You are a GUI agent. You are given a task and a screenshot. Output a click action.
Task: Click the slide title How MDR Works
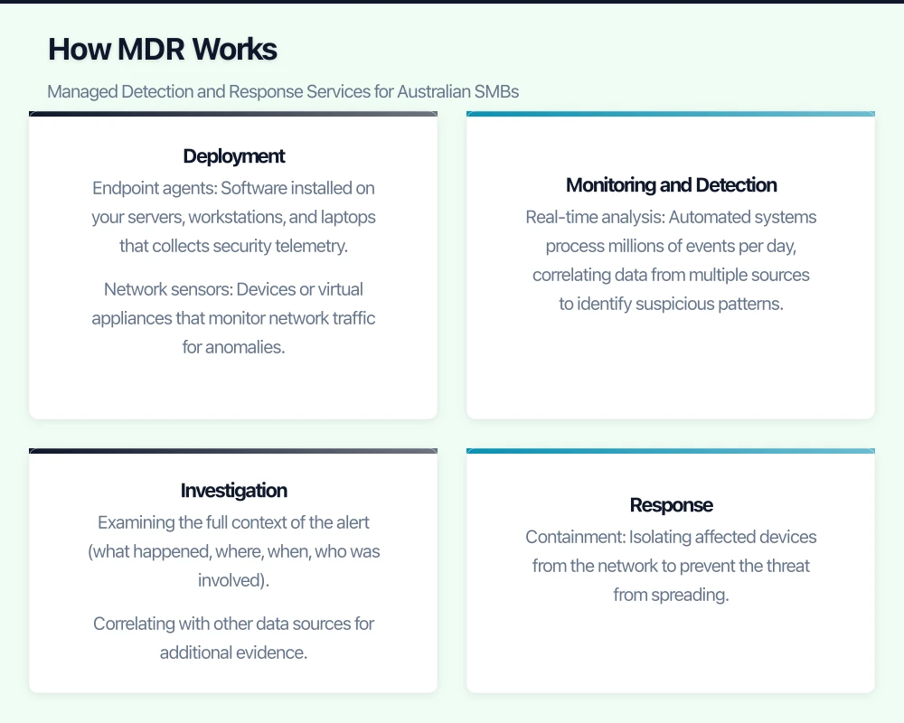click(163, 49)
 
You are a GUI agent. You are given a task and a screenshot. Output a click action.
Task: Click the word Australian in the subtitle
click(433, 91)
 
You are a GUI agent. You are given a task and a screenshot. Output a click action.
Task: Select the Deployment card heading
click(233, 156)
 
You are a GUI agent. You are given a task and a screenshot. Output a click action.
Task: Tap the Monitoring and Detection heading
click(671, 185)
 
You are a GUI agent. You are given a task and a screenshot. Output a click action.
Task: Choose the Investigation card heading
click(233, 491)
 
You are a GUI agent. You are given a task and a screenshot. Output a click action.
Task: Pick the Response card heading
click(671, 505)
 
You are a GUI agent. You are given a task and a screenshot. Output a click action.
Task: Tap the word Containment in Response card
click(574, 537)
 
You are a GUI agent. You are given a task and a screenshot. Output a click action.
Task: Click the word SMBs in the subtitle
click(498, 91)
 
